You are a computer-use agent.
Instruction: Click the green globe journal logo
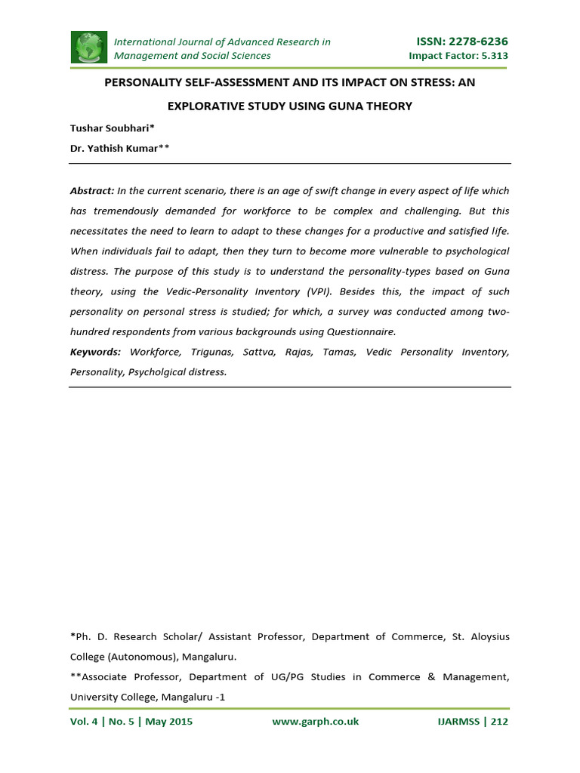pos(89,48)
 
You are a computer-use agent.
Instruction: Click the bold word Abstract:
pos(92,191)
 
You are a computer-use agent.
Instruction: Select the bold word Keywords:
pos(95,352)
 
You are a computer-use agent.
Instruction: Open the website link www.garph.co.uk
pos(315,722)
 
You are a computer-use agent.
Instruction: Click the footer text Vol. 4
pos(85,722)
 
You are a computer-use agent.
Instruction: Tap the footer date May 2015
pos(168,722)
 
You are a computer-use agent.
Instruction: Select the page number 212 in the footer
pos(499,722)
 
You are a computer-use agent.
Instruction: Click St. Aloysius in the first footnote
pos(480,637)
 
